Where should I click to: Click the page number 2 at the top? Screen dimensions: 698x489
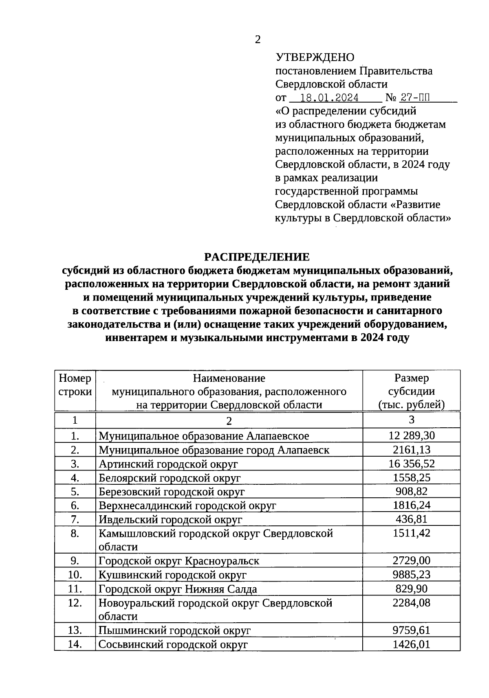point(257,39)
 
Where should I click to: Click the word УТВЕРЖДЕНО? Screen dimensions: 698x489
point(315,57)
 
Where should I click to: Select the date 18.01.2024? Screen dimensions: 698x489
point(329,98)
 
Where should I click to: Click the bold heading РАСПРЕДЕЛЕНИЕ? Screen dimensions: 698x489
point(257,257)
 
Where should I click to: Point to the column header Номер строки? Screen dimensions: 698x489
point(75,385)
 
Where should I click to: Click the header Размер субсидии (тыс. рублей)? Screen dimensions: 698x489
point(411,391)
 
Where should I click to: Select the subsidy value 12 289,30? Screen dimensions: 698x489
point(412,436)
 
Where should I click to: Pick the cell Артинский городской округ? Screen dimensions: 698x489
point(168,464)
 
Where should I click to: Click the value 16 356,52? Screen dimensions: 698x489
point(412,464)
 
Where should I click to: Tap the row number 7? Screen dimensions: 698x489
point(75,519)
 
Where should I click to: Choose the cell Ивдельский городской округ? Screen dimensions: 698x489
point(170,520)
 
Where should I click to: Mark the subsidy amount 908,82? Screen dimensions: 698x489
point(412,491)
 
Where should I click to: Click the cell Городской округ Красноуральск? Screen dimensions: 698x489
point(179,561)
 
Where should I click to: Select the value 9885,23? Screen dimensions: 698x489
point(412,575)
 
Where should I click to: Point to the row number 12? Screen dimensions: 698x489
point(75,603)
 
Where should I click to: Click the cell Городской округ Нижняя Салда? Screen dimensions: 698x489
point(178,589)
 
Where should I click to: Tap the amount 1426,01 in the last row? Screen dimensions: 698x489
point(412,644)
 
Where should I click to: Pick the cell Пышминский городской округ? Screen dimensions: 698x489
point(174,631)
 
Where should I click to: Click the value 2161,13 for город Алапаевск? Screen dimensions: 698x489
point(412,450)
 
